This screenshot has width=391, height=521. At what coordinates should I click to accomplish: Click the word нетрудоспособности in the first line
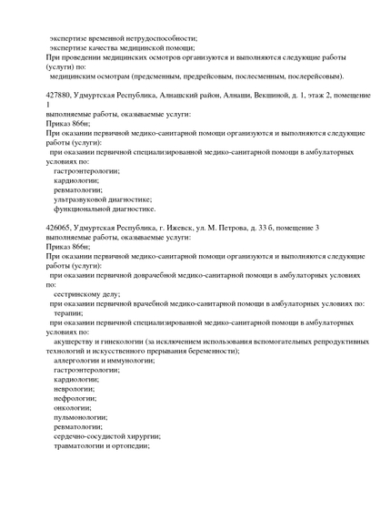(156, 38)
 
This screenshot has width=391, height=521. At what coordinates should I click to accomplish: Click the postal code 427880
(60, 95)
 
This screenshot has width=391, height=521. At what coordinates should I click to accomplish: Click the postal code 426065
(60, 227)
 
